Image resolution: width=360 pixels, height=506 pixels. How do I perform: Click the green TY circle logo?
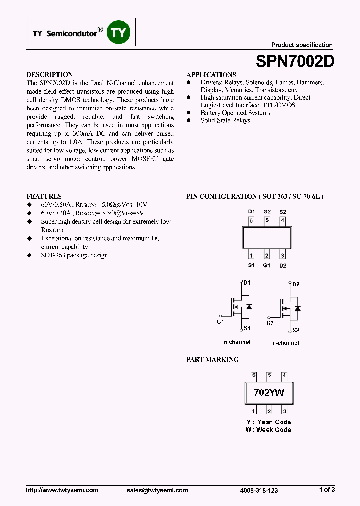pos(119,33)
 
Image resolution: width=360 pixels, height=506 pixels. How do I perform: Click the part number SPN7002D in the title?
pos(295,61)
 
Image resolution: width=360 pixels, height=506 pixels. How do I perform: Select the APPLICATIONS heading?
pos(211,74)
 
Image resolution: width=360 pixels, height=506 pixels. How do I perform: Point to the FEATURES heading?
pos(44,196)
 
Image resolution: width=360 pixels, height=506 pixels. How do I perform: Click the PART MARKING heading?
pos(212,359)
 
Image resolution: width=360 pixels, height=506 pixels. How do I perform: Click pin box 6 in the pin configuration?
pos(251,220)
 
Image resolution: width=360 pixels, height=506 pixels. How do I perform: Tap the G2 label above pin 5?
pos(267,211)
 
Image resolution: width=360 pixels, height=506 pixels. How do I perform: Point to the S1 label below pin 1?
pos(251,265)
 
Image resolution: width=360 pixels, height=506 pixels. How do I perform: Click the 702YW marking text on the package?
pos(269,393)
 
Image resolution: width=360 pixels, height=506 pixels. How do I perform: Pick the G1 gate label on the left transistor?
pos(220,322)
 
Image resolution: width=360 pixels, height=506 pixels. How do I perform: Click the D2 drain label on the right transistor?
pos(295,285)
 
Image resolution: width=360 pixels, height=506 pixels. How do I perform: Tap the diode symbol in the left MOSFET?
pos(249,306)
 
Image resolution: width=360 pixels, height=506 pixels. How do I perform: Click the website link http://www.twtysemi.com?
pos(62,490)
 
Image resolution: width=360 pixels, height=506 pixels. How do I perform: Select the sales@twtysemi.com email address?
pos(157,490)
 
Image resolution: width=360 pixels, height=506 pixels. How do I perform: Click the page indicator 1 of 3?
pos(327,490)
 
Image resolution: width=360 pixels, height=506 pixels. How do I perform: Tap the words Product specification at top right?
pos(302,45)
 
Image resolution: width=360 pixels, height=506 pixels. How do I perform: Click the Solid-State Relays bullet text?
pos(225,121)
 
